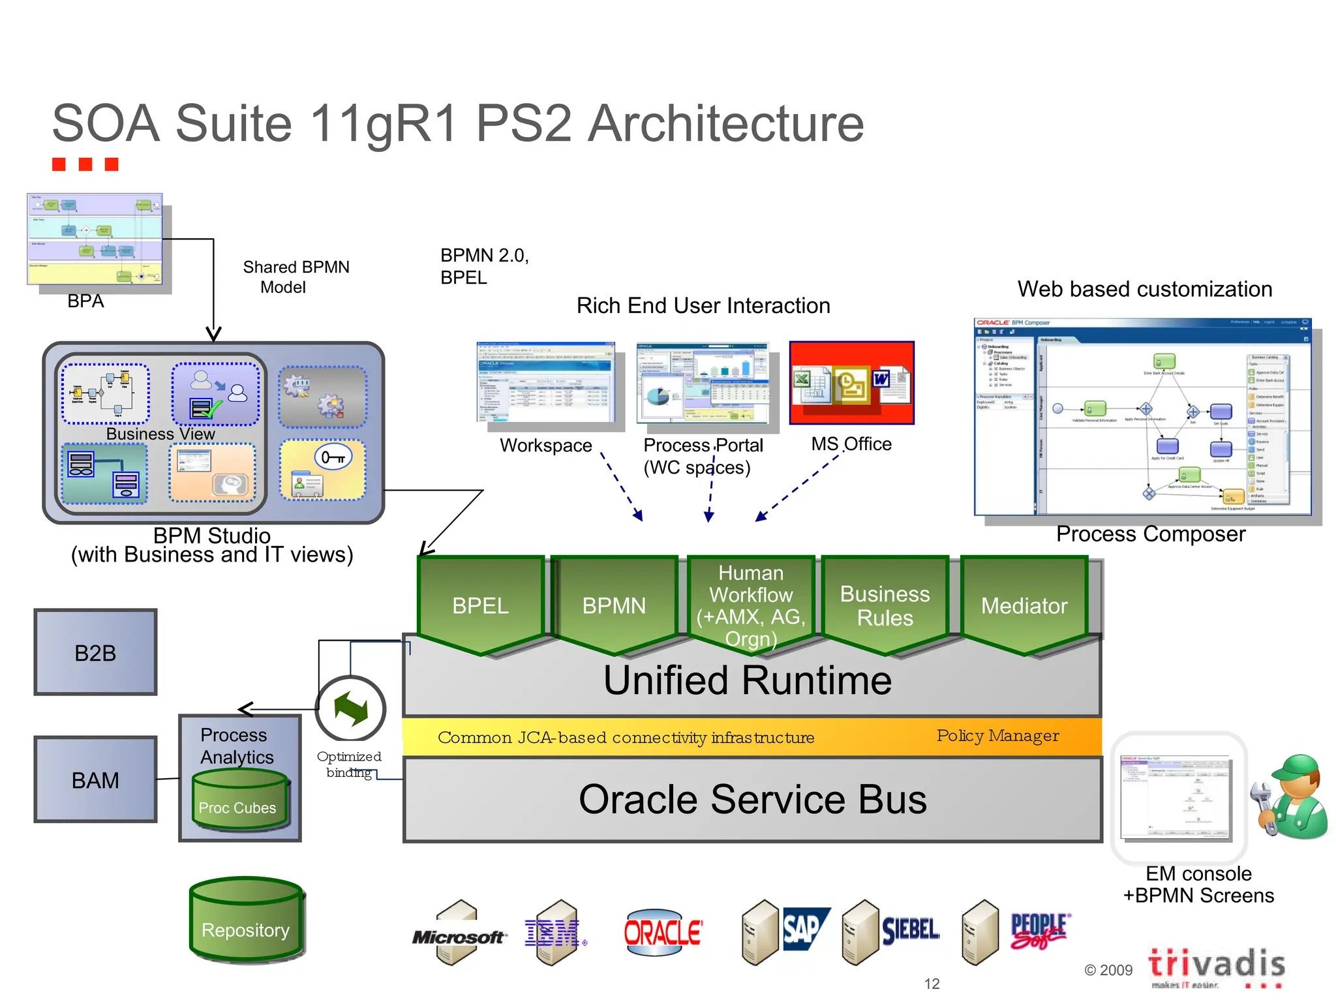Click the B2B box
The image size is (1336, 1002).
(x=95, y=652)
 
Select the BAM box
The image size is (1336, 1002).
(x=95, y=780)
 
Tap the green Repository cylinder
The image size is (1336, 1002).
(x=246, y=920)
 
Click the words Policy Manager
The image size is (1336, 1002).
(x=997, y=736)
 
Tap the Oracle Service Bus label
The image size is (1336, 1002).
(x=752, y=800)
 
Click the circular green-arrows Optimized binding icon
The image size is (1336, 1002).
(x=351, y=710)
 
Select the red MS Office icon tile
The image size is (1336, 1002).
(x=851, y=383)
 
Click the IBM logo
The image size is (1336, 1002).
(x=552, y=934)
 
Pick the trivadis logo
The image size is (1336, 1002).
(x=1216, y=964)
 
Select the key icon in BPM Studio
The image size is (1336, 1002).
(x=333, y=457)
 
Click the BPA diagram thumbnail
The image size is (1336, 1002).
(x=95, y=239)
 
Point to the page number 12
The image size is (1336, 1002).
(x=932, y=984)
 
